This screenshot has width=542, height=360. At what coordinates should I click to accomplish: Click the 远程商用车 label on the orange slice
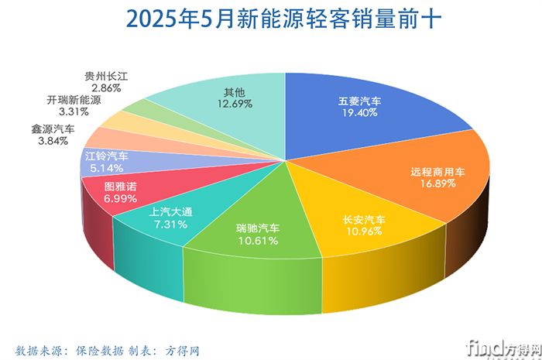(437, 173)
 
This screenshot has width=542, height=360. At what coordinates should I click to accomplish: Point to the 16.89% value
(437, 185)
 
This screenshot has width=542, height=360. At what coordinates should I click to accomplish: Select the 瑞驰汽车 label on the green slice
(259, 229)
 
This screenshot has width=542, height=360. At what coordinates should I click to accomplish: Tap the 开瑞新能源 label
(74, 101)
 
